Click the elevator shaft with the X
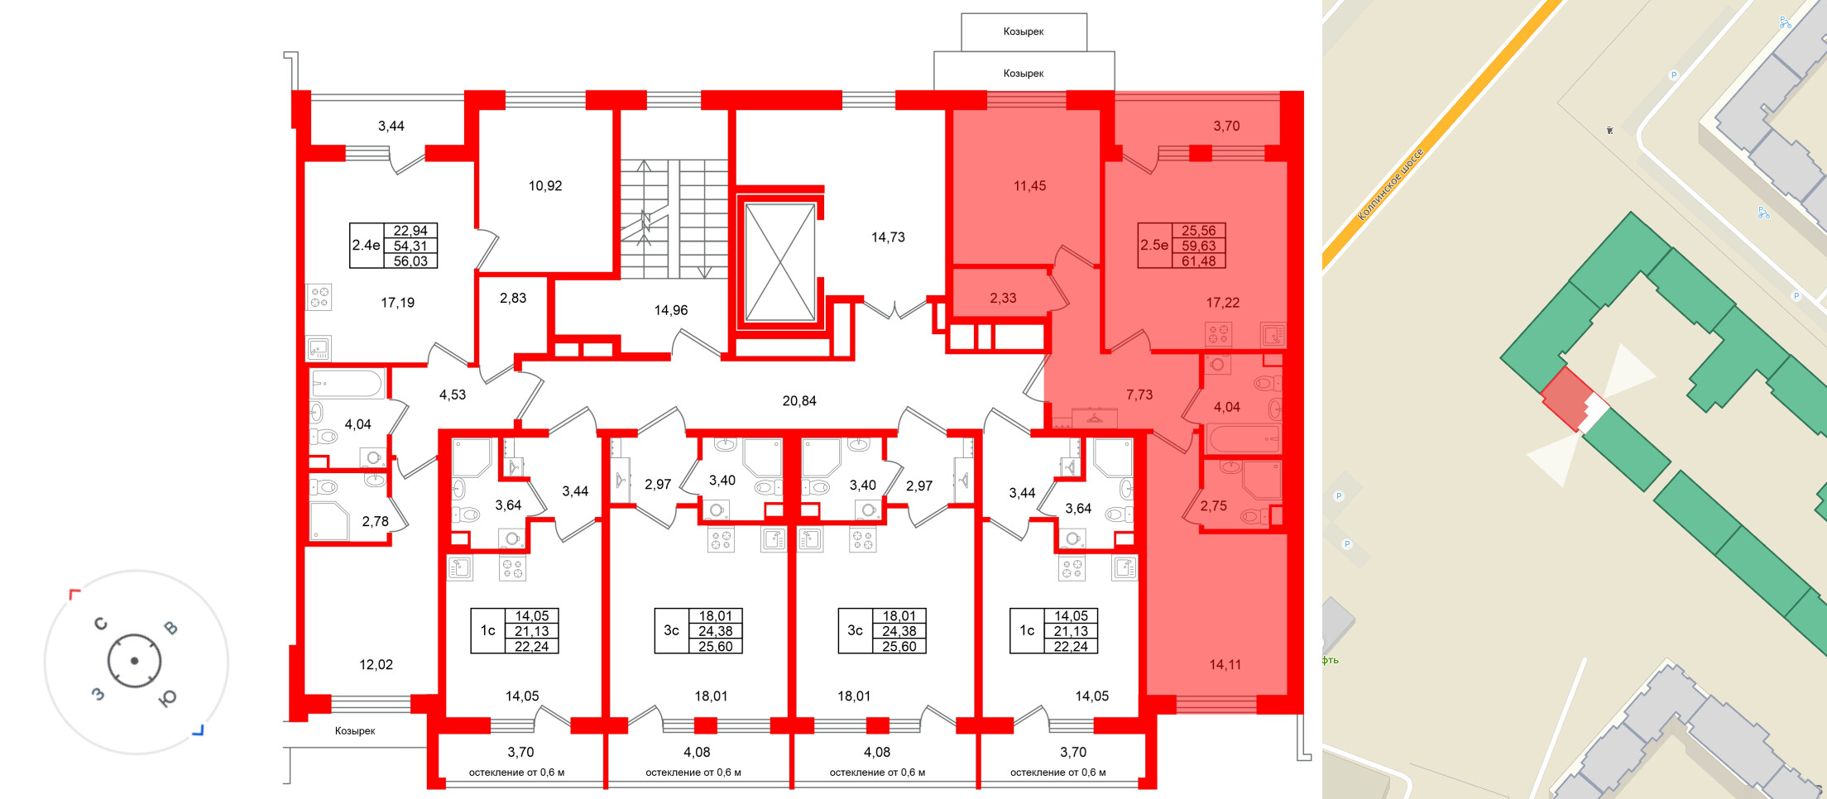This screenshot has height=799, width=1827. [x=779, y=262]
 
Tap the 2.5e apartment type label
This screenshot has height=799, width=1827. [x=1154, y=246]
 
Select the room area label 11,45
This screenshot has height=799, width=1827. [x=1029, y=186]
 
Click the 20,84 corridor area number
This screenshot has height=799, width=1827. [x=798, y=401]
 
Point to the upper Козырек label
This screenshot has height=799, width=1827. [x=1024, y=31]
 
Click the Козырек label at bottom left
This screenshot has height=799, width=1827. [x=355, y=731]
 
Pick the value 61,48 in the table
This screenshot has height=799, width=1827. [x=1198, y=261]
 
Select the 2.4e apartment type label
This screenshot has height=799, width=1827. [x=366, y=246]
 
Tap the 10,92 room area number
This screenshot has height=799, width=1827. [x=545, y=186]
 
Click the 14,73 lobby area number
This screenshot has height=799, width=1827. [x=888, y=237]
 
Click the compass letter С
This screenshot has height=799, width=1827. [x=101, y=623]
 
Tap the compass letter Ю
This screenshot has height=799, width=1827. [x=167, y=699]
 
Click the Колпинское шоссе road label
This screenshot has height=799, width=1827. [x=1391, y=184]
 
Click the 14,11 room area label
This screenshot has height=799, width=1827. [x=1225, y=665]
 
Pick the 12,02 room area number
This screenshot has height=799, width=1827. [x=376, y=665]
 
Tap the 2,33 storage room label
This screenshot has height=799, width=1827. [x=1003, y=299]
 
